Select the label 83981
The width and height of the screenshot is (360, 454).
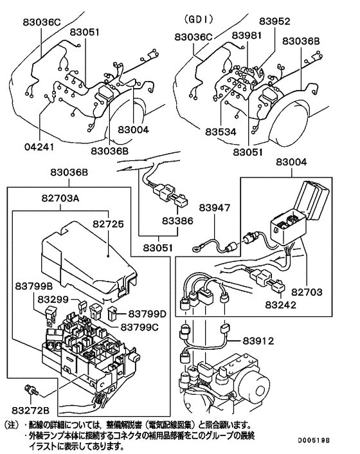248,35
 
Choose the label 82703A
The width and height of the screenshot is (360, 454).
60,200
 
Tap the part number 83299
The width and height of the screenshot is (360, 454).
53,299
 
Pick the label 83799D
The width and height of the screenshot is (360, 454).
147,313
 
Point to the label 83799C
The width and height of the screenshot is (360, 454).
136,326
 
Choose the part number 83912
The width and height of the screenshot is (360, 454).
259,341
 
